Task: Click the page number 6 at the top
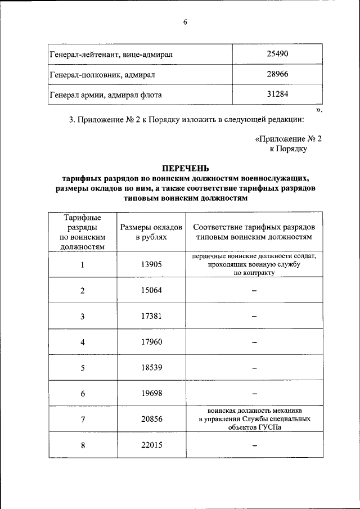pyautogui.click(x=184, y=22)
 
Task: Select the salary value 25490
pyautogui.click(x=277, y=54)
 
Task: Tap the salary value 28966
pyautogui.click(x=277, y=74)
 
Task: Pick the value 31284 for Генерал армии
pyautogui.click(x=277, y=94)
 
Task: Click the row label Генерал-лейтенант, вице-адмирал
pyautogui.click(x=111, y=55)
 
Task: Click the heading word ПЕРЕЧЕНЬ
pyautogui.click(x=185, y=168)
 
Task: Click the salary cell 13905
pyautogui.click(x=151, y=265)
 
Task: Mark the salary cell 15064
pyautogui.click(x=151, y=290)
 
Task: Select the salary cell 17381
pyautogui.click(x=151, y=316)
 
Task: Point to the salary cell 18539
pyautogui.click(x=151, y=368)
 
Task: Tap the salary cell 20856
pyautogui.click(x=151, y=420)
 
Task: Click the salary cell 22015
pyautogui.click(x=151, y=445)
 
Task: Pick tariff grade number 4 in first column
pyautogui.click(x=82, y=342)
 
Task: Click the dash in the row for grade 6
pyautogui.click(x=254, y=394)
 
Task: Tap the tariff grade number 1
pyautogui.click(x=82, y=265)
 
